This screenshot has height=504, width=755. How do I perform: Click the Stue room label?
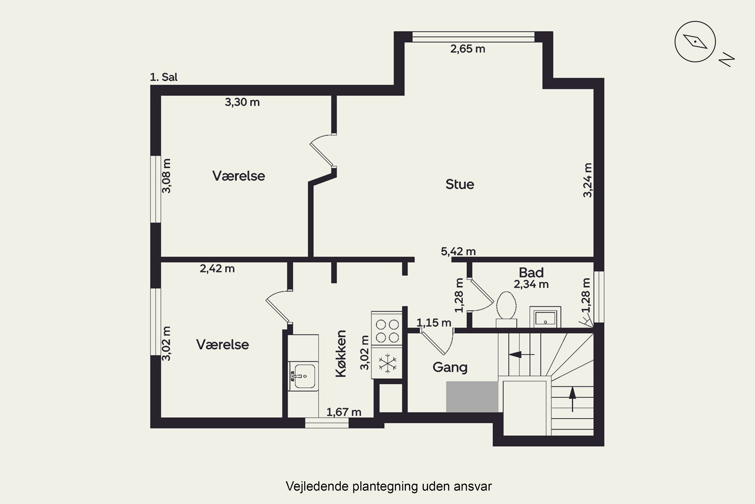tap(460, 184)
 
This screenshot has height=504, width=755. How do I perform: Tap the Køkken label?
tap(341, 354)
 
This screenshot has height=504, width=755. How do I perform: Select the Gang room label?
tap(450, 367)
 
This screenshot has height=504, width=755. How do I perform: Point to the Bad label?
tap(531, 273)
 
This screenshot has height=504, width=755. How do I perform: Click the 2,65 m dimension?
tap(468, 49)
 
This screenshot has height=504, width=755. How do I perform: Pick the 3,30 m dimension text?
tap(242, 102)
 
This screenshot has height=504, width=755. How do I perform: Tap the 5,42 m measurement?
tap(458, 251)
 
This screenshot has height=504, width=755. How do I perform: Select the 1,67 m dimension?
tap(344, 412)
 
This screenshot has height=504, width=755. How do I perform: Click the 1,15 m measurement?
tap(434, 323)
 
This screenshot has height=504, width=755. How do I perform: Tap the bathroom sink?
tap(545, 317)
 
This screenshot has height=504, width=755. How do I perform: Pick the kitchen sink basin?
tap(303, 376)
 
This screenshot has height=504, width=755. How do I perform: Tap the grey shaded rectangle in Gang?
tap(472, 397)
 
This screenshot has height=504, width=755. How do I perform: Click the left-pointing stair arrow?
tap(522, 355)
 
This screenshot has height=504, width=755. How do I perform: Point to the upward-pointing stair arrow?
tap(572, 399)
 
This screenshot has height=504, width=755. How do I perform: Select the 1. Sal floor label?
tap(164, 77)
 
